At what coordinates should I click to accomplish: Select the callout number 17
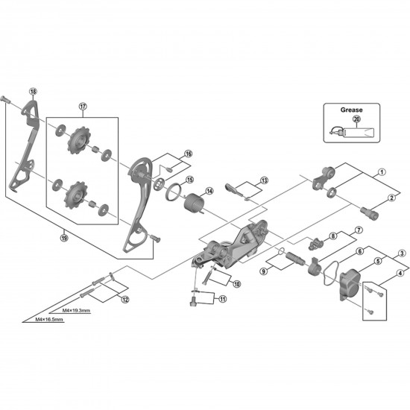(82, 106)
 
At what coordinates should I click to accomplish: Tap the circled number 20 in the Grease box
(356, 119)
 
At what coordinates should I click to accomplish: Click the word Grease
(352, 110)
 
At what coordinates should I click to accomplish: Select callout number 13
(264, 180)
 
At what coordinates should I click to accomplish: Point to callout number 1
(381, 171)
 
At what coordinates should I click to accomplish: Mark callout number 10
(237, 283)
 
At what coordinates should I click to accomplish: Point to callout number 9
(263, 271)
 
